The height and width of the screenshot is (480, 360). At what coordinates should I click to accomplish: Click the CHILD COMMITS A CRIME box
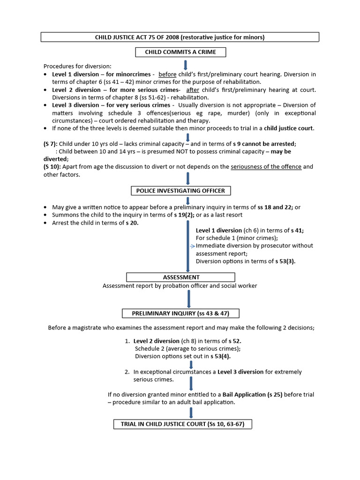180,52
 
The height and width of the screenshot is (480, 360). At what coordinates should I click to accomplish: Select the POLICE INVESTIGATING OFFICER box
180,190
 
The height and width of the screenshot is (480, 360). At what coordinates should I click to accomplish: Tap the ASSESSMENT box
181,277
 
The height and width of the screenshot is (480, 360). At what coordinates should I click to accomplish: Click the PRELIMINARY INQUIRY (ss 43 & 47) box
181,313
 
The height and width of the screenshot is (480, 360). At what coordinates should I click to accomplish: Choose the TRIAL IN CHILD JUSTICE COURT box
183,424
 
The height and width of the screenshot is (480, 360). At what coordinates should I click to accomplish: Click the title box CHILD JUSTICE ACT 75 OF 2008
180,37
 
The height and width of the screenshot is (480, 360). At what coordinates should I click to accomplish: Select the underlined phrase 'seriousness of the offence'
266,166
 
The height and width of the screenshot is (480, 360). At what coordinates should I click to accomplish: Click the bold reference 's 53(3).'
285,261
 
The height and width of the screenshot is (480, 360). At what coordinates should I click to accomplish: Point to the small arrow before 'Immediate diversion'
192,246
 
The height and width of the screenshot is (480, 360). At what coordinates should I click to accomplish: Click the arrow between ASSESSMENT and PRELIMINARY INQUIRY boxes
188,299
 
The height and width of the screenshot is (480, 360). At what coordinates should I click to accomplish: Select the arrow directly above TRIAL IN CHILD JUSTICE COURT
191,412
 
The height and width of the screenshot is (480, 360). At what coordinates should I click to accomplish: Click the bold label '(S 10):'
52,166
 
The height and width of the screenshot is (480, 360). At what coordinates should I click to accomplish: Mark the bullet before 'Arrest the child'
45,223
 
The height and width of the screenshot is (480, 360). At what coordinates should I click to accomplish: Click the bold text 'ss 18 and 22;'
270,207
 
